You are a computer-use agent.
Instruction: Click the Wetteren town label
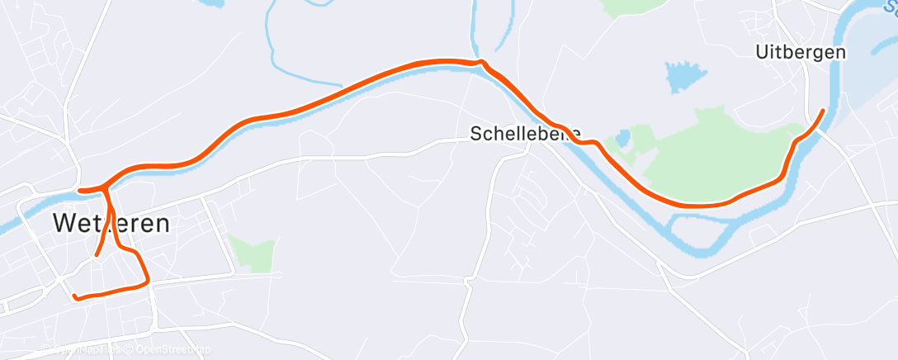pos(111,222)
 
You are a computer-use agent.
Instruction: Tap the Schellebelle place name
pos(525,133)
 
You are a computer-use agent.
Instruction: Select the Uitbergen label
pos(800,51)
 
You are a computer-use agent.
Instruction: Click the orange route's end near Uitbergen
pos(823,110)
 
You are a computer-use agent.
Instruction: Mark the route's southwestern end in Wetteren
pos(74,296)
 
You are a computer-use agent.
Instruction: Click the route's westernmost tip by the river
pos(79,191)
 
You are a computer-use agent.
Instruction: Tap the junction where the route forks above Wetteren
pos(106,188)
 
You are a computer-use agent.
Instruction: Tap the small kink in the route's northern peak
pos(480,62)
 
